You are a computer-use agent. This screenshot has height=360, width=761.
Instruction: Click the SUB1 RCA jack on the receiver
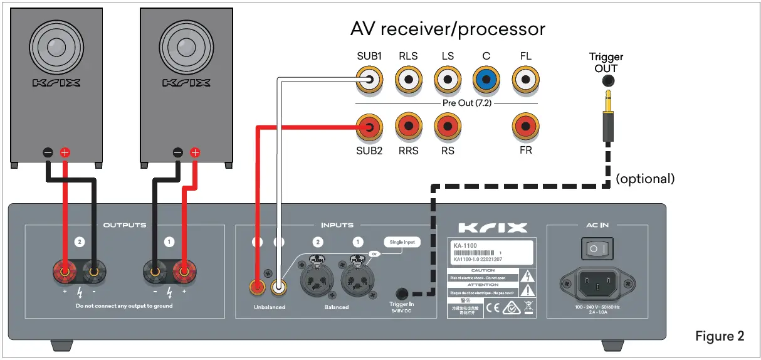point(369,80)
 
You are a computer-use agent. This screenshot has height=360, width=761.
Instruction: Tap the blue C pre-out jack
point(486,80)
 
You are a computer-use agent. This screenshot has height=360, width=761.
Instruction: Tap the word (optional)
point(645,179)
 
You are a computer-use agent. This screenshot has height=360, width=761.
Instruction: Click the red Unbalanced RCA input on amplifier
point(257,288)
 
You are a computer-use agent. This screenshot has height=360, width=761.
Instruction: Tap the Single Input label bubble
point(401,242)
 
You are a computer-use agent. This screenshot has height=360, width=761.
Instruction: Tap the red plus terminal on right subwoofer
point(195,152)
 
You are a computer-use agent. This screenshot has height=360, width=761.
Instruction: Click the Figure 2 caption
point(720,336)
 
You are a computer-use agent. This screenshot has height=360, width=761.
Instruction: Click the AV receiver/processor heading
point(448,29)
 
